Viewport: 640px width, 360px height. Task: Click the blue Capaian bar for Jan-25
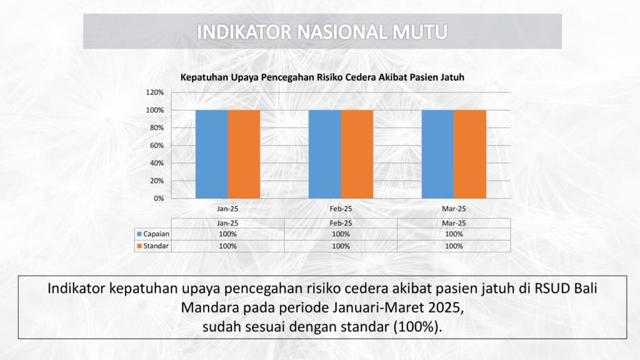pyautogui.click(x=212, y=154)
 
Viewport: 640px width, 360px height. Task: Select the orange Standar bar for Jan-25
pyautogui.click(x=244, y=154)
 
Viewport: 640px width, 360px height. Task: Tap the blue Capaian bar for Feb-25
pyautogui.click(x=325, y=154)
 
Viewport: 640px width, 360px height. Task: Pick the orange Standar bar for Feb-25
pyautogui.click(x=357, y=154)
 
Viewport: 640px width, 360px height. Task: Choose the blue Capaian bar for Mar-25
pyautogui.click(x=438, y=154)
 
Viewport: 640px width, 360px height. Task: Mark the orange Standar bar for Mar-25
pyautogui.click(x=470, y=154)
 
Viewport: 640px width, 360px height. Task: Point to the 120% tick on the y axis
pyautogui.click(x=155, y=92)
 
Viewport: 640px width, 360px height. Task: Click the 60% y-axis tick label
pyautogui.click(x=157, y=145)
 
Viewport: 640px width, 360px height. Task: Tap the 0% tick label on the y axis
pyautogui.click(x=159, y=198)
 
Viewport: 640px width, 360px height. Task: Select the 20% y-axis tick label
pyautogui.click(x=157, y=181)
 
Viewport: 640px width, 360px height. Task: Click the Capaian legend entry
pyautogui.click(x=153, y=234)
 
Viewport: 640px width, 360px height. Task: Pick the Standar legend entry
pyautogui.click(x=152, y=246)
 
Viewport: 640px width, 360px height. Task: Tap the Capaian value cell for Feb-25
pyautogui.click(x=341, y=234)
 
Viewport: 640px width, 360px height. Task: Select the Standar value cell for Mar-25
pyautogui.click(x=454, y=246)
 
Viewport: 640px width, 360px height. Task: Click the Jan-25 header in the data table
pyautogui.click(x=227, y=223)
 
